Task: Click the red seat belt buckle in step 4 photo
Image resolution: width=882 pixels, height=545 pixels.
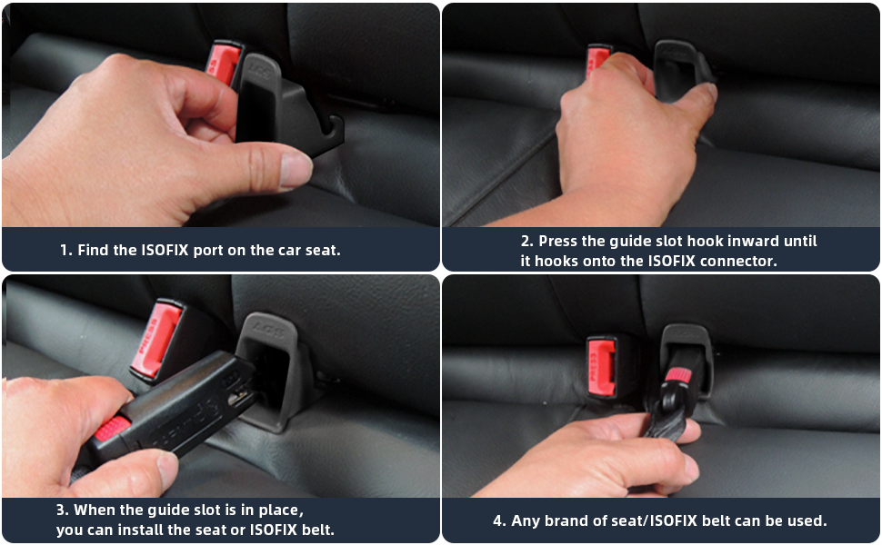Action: click(601, 364)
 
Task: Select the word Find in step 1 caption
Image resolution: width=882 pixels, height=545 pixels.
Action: click(94, 249)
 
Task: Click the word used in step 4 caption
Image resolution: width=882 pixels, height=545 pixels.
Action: click(806, 520)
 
